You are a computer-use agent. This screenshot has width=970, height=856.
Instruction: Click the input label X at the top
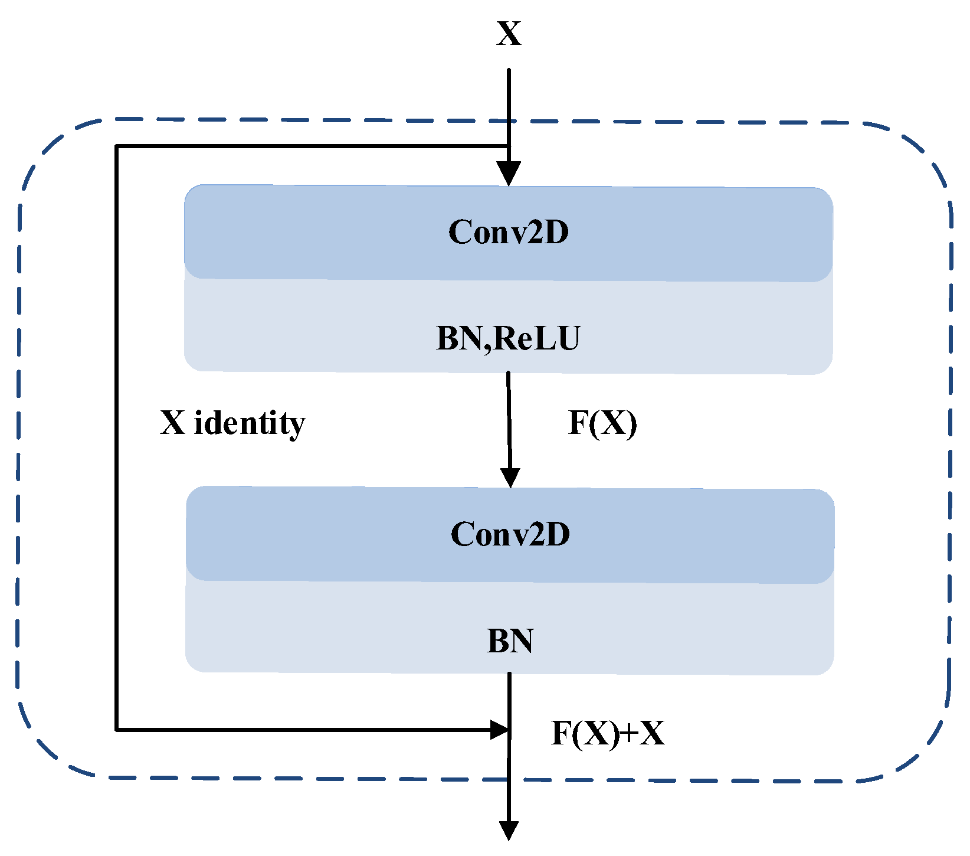pyautogui.click(x=509, y=34)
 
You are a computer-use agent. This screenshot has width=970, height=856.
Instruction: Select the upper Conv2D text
pyautogui.click(x=509, y=231)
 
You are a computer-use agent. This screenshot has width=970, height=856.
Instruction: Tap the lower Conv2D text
pyautogui.click(x=510, y=534)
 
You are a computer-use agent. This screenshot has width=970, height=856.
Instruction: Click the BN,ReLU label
pyautogui.click(x=508, y=338)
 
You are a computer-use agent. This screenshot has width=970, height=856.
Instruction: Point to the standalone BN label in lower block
pyautogui.click(x=510, y=641)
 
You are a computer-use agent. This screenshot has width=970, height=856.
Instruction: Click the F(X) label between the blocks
pyautogui.click(x=602, y=423)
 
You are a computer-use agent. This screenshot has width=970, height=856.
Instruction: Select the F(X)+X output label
pyautogui.click(x=607, y=733)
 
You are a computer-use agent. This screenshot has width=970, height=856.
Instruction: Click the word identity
pyautogui.click(x=250, y=423)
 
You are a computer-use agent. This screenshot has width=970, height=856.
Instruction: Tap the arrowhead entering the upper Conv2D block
pyautogui.click(x=509, y=174)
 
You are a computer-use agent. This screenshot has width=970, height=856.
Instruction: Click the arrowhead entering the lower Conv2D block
pyautogui.click(x=510, y=476)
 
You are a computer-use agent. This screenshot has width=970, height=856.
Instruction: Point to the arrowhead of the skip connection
pyautogui.click(x=500, y=730)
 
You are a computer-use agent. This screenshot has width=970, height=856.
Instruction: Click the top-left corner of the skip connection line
pyautogui.click(x=117, y=146)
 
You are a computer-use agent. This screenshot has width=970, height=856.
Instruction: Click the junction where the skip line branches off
pyautogui.click(x=509, y=146)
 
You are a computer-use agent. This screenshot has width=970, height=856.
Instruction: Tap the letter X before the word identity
pyautogui.click(x=173, y=423)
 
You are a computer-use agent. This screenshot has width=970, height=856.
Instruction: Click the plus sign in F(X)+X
pyautogui.click(x=630, y=734)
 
